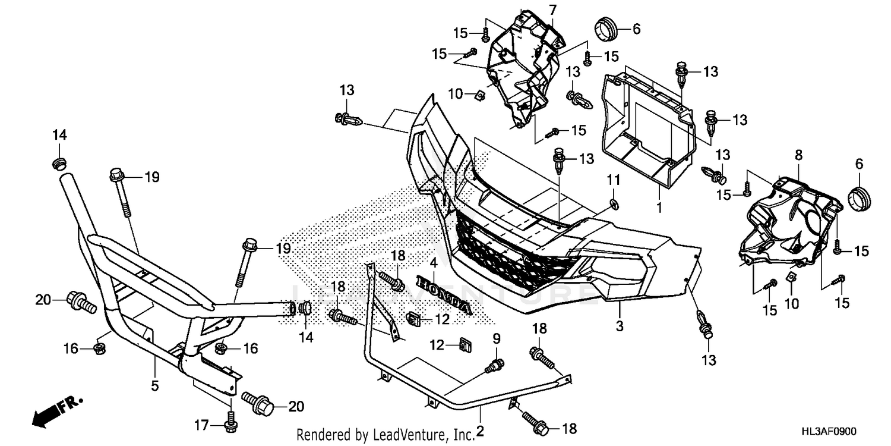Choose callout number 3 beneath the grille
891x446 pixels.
tap(619, 325)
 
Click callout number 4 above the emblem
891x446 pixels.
tap(434, 262)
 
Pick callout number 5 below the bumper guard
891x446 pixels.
tap(154, 385)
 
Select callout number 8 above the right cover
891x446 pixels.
tap(798, 155)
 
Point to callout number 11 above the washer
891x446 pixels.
tap(613, 179)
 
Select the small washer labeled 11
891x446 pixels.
tap(614, 205)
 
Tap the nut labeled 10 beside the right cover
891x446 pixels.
tap(791, 277)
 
